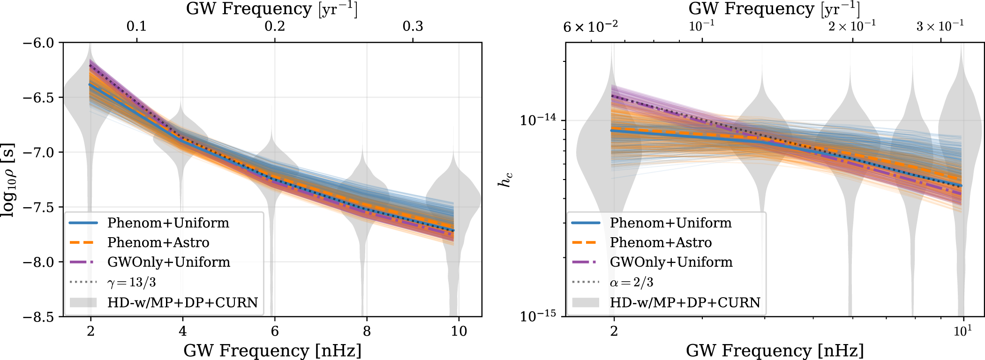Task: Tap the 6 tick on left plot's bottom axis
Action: [x=275, y=331]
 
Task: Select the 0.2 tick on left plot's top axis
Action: [x=275, y=26]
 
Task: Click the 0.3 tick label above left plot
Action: [x=413, y=26]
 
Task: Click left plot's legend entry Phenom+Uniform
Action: [x=168, y=223]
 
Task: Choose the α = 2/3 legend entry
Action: [x=631, y=282]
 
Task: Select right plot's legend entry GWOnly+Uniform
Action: [x=671, y=262]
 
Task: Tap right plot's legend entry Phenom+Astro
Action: [x=660, y=242]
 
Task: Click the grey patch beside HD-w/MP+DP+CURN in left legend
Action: [x=83, y=302]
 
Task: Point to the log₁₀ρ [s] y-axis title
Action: [x=8, y=180]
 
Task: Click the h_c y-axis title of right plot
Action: [x=504, y=180]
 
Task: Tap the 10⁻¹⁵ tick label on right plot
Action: [x=538, y=315]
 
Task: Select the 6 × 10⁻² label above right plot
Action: [x=590, y=27]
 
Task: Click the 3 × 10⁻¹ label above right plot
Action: [x=940, y=26]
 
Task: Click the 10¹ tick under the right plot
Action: [x=962, y=331]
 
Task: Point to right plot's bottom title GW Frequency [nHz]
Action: [x=774, y=350]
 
